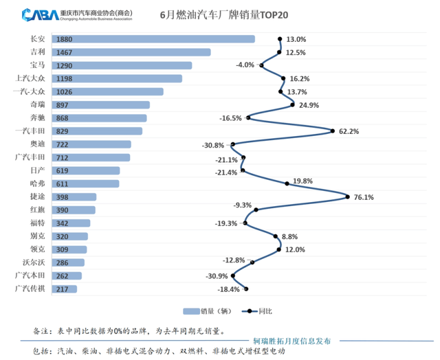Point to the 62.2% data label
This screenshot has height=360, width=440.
pyautogui.click(x=350, y=131)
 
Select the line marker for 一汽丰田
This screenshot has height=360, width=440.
pyautogui.click(x=333, y=131)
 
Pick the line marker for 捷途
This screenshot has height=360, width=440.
pyautogui.click(x=348, y=197)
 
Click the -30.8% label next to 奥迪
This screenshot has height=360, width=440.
pyautogui.click(x=214, y=145)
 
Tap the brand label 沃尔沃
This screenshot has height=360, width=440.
pyautogui.click(x=34, y=262)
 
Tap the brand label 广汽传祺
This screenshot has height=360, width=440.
pyautogui.click(x=30, y=289)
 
